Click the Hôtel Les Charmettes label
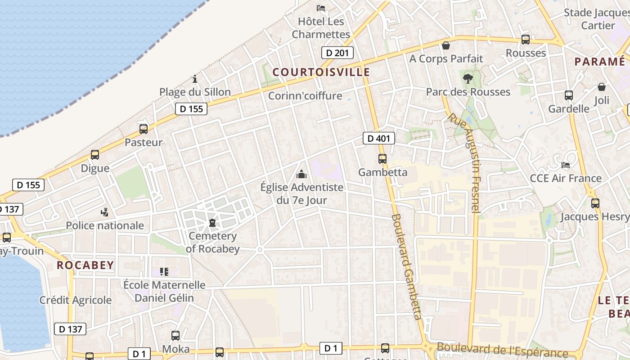point(321,27)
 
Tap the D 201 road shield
point(337,53)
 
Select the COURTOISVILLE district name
point(321,72)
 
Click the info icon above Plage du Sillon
point(195,79)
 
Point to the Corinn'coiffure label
point(305,96)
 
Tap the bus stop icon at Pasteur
point(144,129)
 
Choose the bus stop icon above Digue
point(95,155)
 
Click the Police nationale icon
point(105,212)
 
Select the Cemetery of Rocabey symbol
point(212,223)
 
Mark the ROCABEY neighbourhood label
point(85,265)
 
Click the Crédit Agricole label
point(75,300)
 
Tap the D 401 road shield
point(378,138)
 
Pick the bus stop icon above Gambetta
point(382,158)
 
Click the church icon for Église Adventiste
point(301,174)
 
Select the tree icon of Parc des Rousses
point(468,79)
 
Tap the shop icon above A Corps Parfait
point(446,45)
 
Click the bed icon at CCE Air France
point(566,165)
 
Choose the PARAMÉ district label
point(600,62)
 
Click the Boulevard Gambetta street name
point(407,266)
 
